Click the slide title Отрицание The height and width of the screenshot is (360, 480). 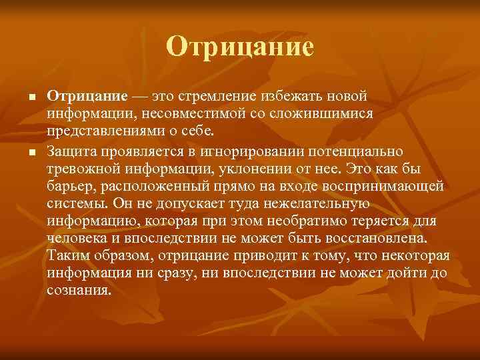point(240,47)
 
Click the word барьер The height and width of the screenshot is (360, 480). point(69,177)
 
